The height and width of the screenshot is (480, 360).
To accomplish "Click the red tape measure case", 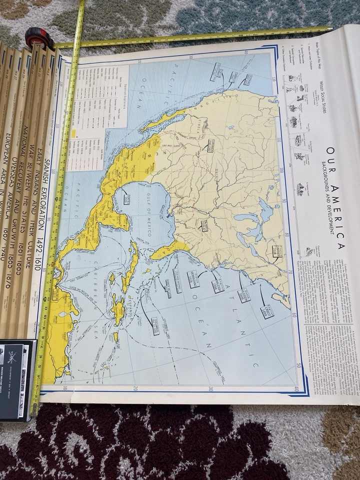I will pyautogui.click(x=39, y=38).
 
